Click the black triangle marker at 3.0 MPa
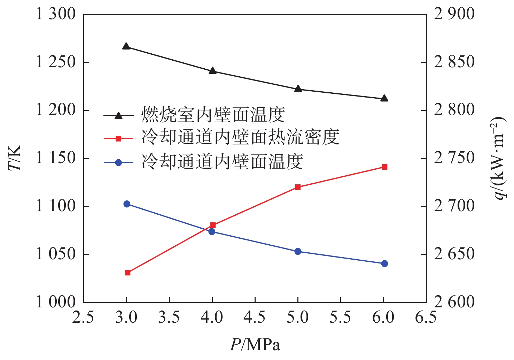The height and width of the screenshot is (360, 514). (126, 47)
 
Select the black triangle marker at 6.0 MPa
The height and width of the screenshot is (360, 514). (384, 99)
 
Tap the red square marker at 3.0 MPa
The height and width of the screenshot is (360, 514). (127, 273)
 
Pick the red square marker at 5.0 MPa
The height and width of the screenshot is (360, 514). (298, 187)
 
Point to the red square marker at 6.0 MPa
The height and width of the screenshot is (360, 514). (384, 167)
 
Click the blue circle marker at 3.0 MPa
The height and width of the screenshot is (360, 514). (127, 204)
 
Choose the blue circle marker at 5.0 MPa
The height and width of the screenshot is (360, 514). (298, 251)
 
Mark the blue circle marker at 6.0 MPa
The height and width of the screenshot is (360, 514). (384, 263)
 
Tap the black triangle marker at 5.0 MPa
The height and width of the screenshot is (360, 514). (298, 89)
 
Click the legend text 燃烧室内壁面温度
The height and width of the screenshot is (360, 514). (213, 115)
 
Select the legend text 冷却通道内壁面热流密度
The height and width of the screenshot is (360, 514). (240, 137)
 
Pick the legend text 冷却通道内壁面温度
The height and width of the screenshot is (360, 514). (222, 161)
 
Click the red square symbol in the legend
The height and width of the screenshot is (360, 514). (118, 138)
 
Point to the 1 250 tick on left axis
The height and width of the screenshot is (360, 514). (56, 62)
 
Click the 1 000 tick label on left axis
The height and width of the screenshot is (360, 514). (56, 302)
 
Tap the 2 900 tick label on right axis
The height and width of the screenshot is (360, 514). (454, 14)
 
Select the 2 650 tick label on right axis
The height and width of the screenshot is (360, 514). (454, 254)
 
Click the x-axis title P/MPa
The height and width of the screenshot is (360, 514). (255, 345)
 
